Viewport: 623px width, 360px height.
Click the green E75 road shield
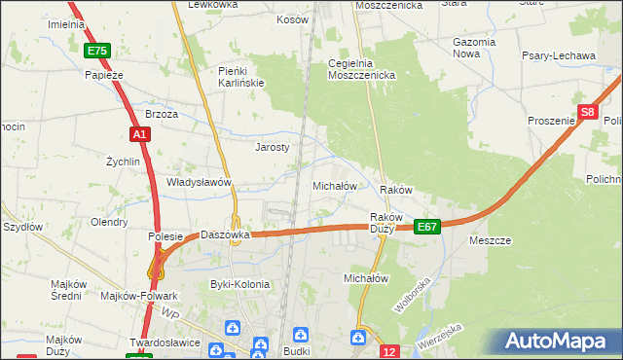coord(97,51)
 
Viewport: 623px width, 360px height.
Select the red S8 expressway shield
coord(587,113)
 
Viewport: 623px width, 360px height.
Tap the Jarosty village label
coord(273,148)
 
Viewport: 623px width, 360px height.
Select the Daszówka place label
coord(226,235)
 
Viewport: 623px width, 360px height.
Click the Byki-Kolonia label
coord(239,284)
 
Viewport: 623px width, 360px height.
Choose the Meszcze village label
coord(490,239)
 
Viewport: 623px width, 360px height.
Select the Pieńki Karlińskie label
coord(241,77)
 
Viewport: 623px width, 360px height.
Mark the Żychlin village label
coord(124,162)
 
